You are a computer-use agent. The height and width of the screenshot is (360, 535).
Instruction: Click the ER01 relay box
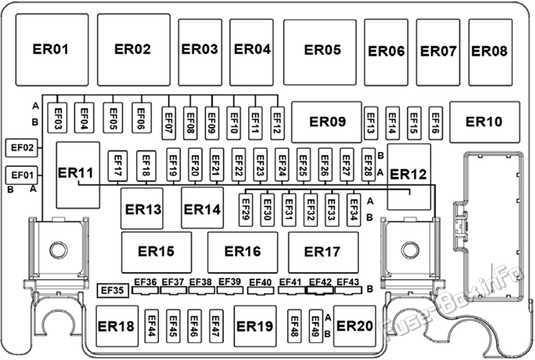click(52, 50)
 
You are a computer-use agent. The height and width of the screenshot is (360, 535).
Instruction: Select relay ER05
click(320, 52)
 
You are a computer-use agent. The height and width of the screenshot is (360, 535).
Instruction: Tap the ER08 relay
click(490, 52)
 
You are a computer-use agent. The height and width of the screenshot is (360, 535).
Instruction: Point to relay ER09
click(326, 122)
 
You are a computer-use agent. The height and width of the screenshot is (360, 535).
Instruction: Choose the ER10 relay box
click(485, 122)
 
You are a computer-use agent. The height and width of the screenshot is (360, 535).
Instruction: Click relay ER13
click(142, 208)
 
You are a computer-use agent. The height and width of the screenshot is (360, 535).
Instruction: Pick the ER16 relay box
click(243, 252)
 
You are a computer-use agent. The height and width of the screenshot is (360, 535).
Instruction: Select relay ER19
click(255, 326)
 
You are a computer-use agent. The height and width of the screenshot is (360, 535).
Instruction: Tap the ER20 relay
click(354, 326)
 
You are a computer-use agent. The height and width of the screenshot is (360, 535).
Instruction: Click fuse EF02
click(21, 148)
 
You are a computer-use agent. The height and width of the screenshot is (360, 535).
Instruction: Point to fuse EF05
click(113, 118)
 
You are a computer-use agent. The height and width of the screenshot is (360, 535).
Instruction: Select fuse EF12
click(278, 123)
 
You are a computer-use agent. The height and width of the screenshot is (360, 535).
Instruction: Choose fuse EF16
click(436, 123)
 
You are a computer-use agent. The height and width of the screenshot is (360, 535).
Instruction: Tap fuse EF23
click(260, 165)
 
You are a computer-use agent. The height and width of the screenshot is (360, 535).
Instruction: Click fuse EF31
click(289, 209)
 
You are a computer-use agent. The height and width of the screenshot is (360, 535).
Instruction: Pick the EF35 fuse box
click(113, 290)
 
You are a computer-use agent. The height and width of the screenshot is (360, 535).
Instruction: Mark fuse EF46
click(194, 326)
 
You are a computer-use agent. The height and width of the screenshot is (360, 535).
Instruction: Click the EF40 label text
click(260, 282)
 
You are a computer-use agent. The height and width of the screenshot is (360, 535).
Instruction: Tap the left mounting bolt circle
click(58, 250)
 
